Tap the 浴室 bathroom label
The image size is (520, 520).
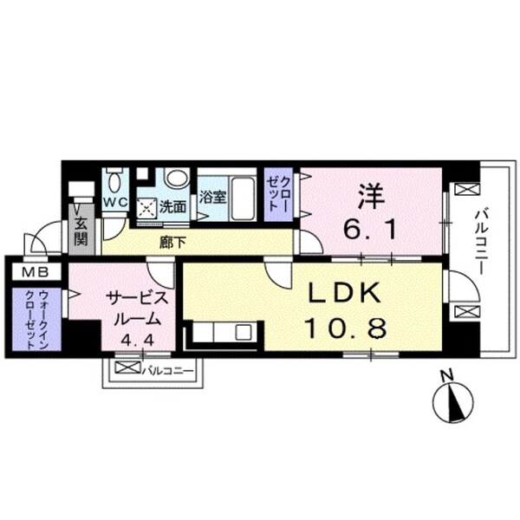pos(212,198)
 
